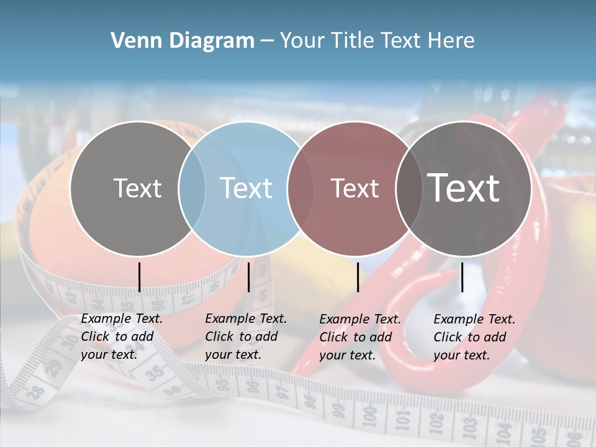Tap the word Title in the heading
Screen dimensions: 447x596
(x=350, y=41)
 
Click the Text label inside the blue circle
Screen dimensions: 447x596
(x=246, y=188)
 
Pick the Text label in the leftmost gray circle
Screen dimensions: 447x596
(x=138, y=188)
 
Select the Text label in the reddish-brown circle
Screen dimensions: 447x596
(x=355, y=188)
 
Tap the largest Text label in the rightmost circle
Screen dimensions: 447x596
(x=464, y=188)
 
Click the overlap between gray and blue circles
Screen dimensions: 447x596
(x=192, y=188)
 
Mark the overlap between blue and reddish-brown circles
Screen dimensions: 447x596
(x=300, y=188)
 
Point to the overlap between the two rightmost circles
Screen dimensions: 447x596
(x=409, y=188)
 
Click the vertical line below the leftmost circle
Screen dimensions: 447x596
(x=139, y=277)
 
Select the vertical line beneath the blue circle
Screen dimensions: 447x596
(x=248, y=277)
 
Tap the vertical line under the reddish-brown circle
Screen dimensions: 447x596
(x=358, y=277)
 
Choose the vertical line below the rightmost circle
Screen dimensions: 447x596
(x=462, y=277)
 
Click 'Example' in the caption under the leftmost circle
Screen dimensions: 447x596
(x=102, y=318)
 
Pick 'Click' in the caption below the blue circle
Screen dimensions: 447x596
(x=219, y=336)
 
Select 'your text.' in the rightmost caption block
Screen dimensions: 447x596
(x=462, y=355)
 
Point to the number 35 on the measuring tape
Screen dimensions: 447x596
(x=153, y=372)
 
